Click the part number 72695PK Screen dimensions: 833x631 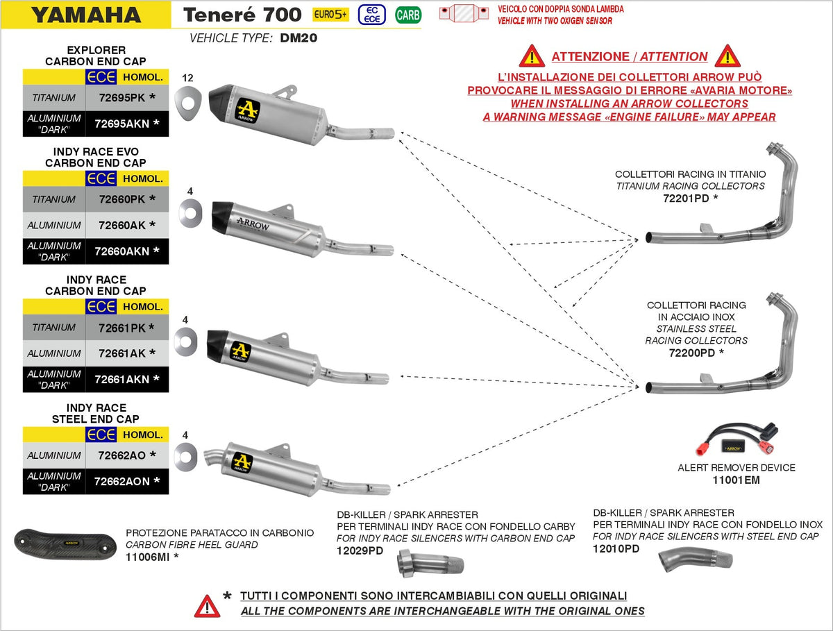121,97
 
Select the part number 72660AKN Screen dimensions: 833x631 121,251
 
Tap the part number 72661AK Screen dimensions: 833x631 121,353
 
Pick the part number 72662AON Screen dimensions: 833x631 121,481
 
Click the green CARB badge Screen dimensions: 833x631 408,15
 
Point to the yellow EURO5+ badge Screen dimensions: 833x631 330,15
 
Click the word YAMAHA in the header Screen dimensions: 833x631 86,15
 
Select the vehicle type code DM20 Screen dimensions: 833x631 298,38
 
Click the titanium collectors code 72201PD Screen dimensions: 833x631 686,198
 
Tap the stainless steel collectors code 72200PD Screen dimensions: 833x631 692,353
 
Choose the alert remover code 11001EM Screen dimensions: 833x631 737,480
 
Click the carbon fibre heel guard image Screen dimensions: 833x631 65,544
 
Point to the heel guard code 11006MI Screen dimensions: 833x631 148,557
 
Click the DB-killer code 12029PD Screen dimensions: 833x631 360,550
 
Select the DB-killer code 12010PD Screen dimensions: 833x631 616,548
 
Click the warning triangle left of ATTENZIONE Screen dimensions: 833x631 532,56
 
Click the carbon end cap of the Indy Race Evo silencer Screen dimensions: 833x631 222,214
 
